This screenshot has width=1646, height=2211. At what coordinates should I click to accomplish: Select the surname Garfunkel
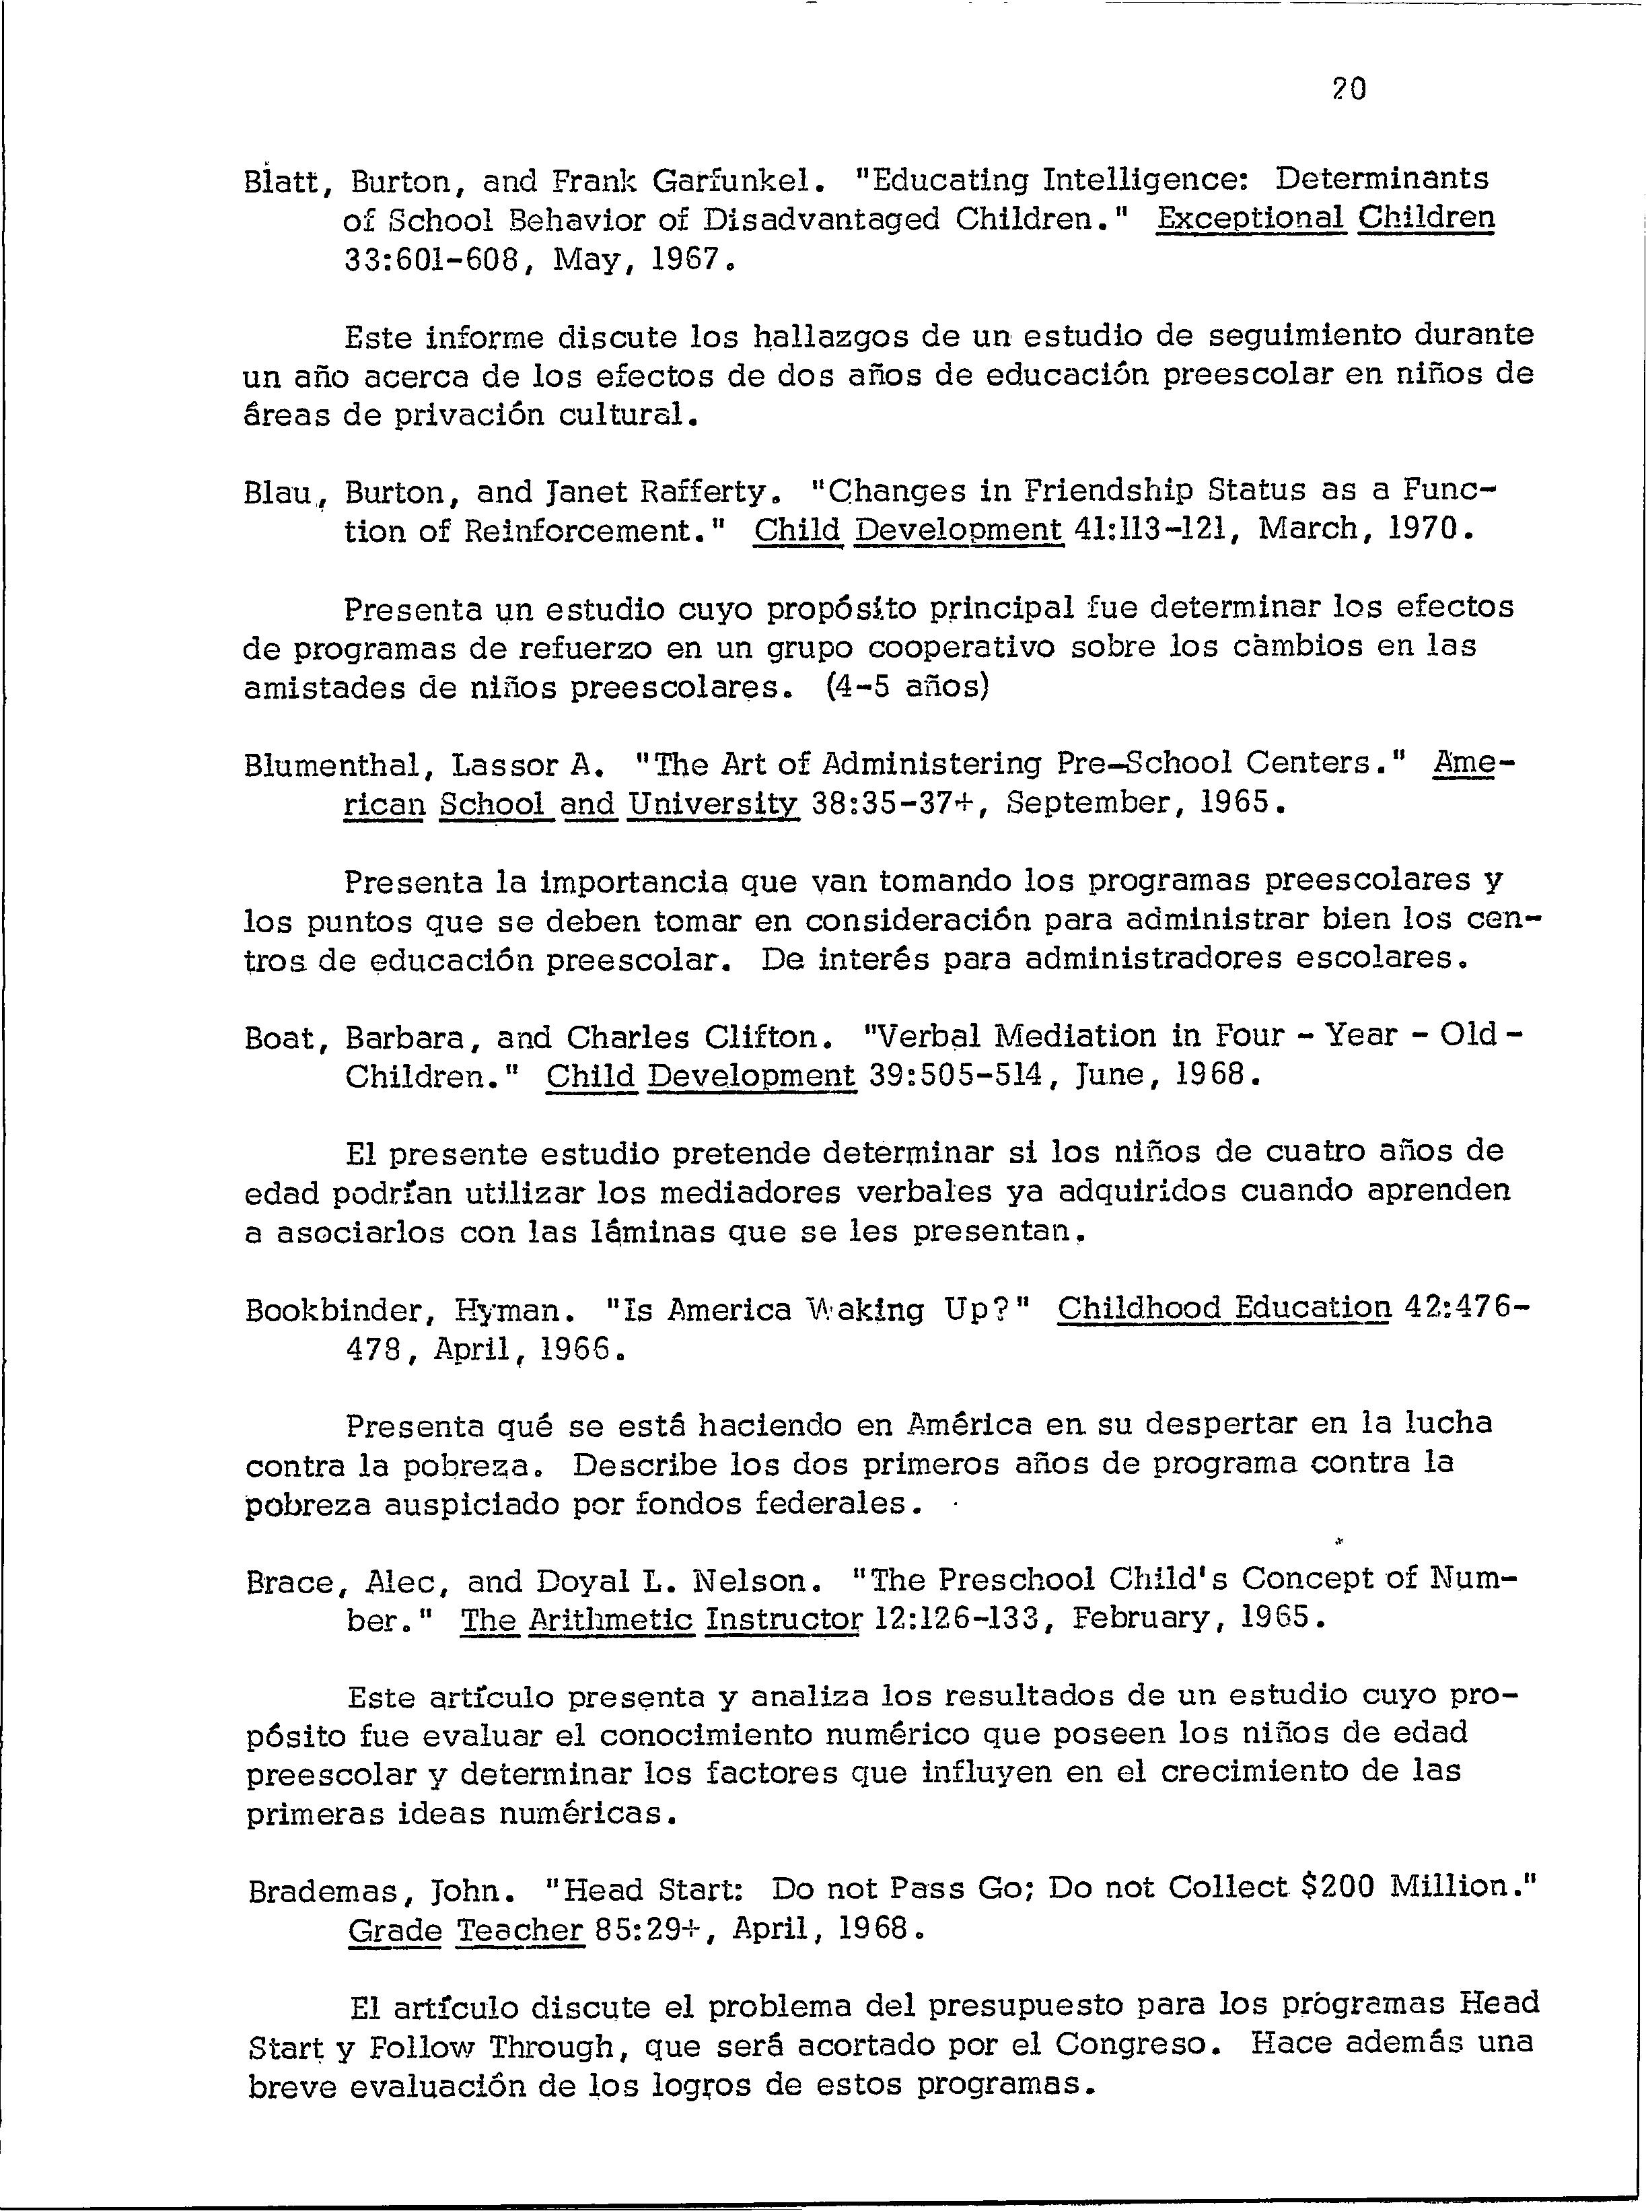pos(738,180)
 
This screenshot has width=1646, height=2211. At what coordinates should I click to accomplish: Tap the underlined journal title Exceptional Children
pos(1325,218)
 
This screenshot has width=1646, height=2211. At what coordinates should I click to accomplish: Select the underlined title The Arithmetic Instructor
pos(661,1619)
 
